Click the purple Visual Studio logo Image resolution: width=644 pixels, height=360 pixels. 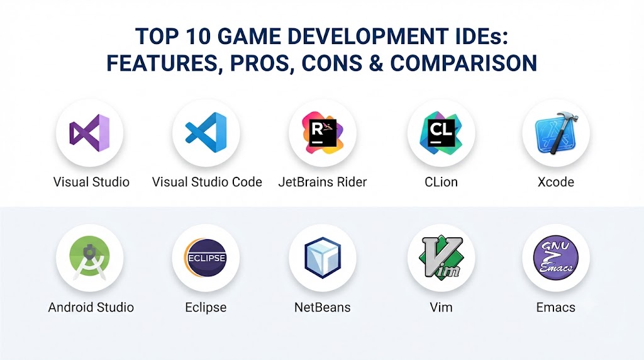click(x=89, y=133)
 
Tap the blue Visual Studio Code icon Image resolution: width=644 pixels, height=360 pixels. click(x=206, y=132)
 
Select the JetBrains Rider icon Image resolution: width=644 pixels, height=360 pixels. click(x=323, y=133)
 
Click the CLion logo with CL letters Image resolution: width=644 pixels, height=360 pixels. click(x=441, y=133)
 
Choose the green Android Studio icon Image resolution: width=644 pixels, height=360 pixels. click(x=89, y=258)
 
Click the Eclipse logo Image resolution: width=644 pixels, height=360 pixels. click(x=206, y=257)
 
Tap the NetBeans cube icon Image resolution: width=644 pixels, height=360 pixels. click(x=323, y=257)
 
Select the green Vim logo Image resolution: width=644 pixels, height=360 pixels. click(x=441, y=257)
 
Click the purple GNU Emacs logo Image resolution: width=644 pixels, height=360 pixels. click(x=556, y=257)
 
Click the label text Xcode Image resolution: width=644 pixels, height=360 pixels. click(x=556, y=182)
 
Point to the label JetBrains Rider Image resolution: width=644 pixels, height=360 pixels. click(x=323, y=182)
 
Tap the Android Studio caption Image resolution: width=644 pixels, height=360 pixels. click(x=91, y=307)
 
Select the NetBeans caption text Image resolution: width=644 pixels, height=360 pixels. click(x=323, y=307)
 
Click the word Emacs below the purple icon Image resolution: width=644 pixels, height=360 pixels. click(x=556, y=307)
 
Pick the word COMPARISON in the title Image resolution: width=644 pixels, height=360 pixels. click(x=464, y=64)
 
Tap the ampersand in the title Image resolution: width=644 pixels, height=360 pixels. click(x=376, y=64)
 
